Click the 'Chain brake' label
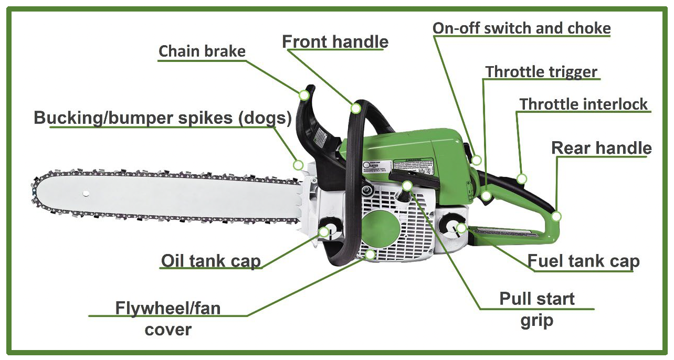point(202,51)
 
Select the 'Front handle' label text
point(335,41)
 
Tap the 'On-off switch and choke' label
point(522,28)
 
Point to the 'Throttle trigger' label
point(541,71)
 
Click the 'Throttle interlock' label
point(584,104)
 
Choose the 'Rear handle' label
point(602,148)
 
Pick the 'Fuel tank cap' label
point(583,261)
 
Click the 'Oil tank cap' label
point(211,261)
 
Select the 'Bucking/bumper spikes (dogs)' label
point(162,118)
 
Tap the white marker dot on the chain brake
point(304,95)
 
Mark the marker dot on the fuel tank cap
point(461,228)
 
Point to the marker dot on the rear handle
point(556,216)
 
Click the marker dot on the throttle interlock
point(521,179)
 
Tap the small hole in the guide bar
point(85,194)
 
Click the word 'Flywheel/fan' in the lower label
point(168,308)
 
